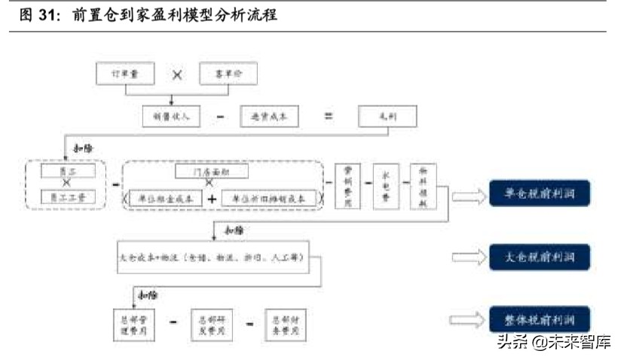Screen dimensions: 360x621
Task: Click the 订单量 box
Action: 126,74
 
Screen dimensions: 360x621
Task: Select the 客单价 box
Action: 228,74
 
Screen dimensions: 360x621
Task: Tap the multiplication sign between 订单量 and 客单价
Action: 177,75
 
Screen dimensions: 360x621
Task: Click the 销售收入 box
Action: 171,116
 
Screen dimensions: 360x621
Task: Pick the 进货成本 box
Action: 269,116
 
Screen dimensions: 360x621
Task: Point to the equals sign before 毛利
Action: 328,116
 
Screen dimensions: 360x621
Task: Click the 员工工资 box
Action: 67,198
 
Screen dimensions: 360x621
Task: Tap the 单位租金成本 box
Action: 167,198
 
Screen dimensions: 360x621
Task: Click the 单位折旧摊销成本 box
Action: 268,198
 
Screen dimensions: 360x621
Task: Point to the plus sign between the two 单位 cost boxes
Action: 213,198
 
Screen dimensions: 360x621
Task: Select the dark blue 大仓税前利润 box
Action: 539,258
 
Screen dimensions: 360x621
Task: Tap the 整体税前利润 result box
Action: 539,319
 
